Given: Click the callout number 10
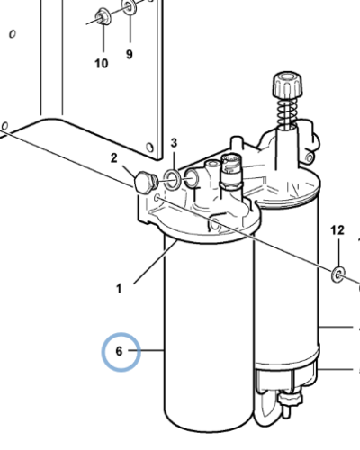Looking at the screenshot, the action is pos(102,64).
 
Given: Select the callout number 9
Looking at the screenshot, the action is pos(129,54).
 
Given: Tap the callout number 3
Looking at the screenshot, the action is pos(174,143).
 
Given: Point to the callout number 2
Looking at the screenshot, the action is pos(113,158).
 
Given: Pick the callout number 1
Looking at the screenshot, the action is pos(119,288).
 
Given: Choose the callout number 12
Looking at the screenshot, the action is pos(337,230).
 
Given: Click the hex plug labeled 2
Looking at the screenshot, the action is pos(145,182).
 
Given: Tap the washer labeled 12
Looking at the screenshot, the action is pos(337,274).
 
